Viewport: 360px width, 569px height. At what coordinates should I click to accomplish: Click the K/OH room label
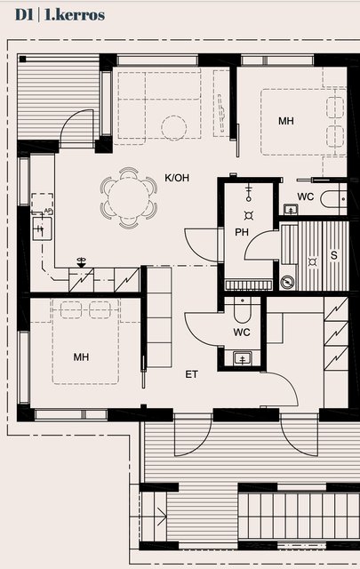click(x=177, y=178)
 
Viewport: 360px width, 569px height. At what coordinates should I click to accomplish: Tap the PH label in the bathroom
click(x=242, y=232)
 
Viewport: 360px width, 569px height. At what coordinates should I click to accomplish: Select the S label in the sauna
click(x=334, y=255)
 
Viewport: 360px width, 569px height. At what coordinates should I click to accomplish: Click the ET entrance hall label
click(x=191, y=374)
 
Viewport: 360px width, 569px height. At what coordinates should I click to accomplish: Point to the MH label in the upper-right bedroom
click(x=286, y=121)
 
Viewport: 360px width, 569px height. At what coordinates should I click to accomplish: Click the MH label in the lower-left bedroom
click(x=81, y=357)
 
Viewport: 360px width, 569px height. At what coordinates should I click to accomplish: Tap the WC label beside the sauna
click(x=305, y=196)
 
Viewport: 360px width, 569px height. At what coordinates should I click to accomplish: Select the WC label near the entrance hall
click(x=242, y=332)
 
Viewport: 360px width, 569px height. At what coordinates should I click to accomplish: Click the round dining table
click(x=129, y=197)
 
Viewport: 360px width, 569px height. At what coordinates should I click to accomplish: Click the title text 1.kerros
click(x=75, y=14)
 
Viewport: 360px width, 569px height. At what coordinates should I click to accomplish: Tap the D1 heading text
click(x=24, y=14)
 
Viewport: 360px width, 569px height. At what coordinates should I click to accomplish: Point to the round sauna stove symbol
click(x=288, y=282)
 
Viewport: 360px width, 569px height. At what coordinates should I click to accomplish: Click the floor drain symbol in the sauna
click(x=313, y=261)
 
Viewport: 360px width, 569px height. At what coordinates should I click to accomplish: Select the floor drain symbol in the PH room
click(x=249, y=216)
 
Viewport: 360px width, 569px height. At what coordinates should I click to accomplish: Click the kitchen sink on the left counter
click(x=42, y=228)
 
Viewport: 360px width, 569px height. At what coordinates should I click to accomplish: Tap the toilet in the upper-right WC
click(x=333, y=199)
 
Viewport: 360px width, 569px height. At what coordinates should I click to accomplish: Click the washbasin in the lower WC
click(x=242, y=358)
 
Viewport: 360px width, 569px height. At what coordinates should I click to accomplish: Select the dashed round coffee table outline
click(x=174, y=128)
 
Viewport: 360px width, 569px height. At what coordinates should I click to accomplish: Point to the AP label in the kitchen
click(x=48, y=211)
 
